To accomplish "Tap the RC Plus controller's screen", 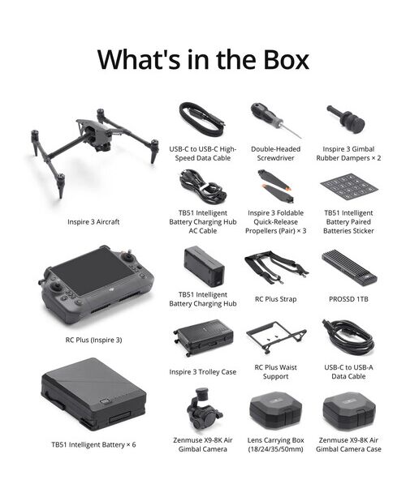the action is pos(92,272).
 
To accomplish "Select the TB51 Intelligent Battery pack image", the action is pos(93,395).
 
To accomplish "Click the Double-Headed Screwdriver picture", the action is pos(276,120).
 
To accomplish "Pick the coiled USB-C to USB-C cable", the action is pos(201,120).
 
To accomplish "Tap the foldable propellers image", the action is pos(276,186).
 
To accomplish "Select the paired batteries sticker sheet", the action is pos(348,187).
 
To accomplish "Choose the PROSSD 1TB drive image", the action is pos(349,268).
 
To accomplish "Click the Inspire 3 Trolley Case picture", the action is pos(203,338).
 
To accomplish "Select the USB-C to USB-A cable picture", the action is pos(348,336).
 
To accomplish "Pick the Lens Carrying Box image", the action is pos(275,410).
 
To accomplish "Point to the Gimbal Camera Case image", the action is pos(349,410).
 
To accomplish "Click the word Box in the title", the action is pos(287,60).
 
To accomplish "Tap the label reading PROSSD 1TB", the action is pos(348,299).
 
